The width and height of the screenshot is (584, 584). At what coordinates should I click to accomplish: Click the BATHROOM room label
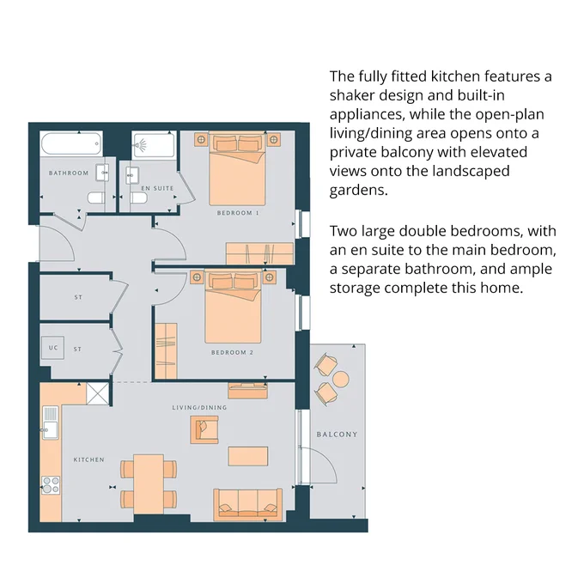tap(69, 173)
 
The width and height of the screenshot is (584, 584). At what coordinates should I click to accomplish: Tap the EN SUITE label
tap(157, 188)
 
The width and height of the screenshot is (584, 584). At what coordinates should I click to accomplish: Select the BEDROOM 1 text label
tap(238, 213)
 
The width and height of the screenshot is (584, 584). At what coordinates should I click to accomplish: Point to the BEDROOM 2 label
tap(232, 352)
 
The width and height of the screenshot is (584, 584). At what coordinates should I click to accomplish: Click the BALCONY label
tap(337, 435)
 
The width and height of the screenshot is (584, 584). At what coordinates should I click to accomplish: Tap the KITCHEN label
tap(89, 460)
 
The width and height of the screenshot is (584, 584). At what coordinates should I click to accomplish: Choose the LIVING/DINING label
tap(199, 407)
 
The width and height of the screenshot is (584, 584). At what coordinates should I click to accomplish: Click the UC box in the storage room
tap(52, 348)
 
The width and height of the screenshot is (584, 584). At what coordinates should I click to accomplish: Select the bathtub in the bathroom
tap(71, 143)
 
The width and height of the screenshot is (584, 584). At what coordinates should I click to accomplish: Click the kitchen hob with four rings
tap(51, 485)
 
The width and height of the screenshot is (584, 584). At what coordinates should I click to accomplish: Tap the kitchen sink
tap(51, 423)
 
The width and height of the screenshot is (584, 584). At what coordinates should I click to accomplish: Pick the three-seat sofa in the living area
tap(247, 505)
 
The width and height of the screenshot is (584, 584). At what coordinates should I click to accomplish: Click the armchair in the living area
tap(204, 429)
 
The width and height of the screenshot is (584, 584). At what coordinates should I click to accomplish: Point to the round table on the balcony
tap(340, 380)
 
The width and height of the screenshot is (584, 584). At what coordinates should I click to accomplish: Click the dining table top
tap(149, 484)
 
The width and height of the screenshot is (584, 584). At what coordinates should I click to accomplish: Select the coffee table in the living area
tap(248, 456)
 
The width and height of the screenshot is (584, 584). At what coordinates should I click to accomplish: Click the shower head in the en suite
tap(140, 144)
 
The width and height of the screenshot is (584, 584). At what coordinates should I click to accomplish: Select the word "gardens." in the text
tap(359, 191)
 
